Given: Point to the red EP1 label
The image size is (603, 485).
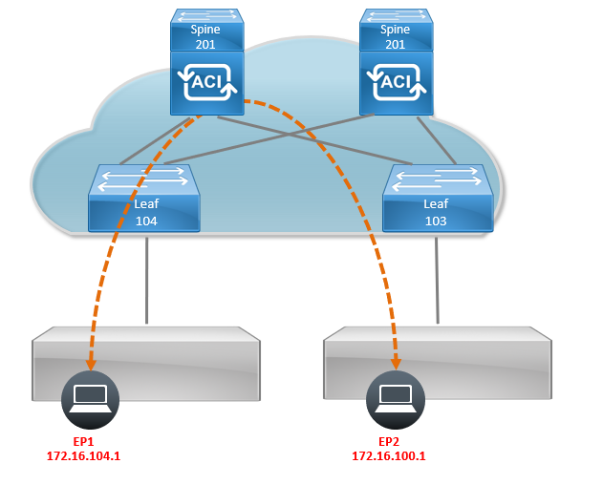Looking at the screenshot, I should (83, 442).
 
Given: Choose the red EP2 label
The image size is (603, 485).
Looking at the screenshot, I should (389, 442).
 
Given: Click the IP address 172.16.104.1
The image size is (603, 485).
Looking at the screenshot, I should (83, 456).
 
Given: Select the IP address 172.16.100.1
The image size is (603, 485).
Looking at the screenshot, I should (389, 456).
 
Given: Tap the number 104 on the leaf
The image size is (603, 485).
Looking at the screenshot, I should (145, 221).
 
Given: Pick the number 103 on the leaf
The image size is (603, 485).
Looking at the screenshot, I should (436, 221).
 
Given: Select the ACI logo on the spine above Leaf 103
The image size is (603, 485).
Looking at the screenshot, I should (396, 83).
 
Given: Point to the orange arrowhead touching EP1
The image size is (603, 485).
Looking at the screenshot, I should (91, 366).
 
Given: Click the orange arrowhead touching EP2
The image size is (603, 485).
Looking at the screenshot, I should (396, 366).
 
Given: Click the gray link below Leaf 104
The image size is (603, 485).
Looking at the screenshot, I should (146, 277).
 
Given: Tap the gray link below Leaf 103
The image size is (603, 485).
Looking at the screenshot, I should (438, 277).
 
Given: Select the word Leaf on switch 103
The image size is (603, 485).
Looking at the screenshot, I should (436, 204).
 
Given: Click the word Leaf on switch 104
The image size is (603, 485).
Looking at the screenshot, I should (145, 204).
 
